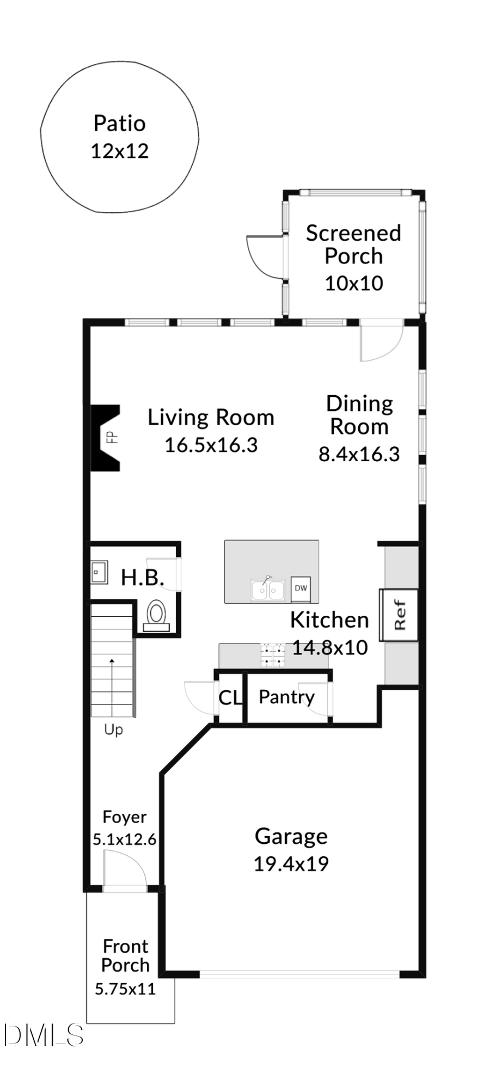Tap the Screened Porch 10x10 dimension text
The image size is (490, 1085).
pyautogui.click(x=354, y=283)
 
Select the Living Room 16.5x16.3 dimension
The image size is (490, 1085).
pyautogui.click(x=211, y=445)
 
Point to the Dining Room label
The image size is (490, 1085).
pyautogui.click(x=359, y=415)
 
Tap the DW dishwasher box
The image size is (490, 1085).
pyautogui.click(x=301, y=588)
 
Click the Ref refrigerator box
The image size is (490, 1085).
pyautogui.click(x=399, y=615)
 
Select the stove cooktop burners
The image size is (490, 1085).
pyautogui.click(x=272, y=655)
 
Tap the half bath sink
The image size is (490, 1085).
pyautogui.click(x=99, y=572)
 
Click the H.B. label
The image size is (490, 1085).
pyautogui.click(x=142, y=578)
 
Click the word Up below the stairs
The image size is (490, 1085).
pyautogui.click(x=113, y=730)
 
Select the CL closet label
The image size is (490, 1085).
pyautogui.click(x=229, y=697)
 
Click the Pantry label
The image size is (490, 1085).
pyautogui.click(x=286, y=697)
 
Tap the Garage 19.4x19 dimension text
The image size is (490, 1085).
pyautogui.click(x=291, y=864)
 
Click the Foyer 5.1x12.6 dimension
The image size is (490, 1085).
pyautogui.click(x=124, y=839)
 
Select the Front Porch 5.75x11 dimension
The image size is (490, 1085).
pyautogui.click(x=125, y=989)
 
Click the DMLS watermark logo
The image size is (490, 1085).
pyautogui.click(x=44, y=1035)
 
